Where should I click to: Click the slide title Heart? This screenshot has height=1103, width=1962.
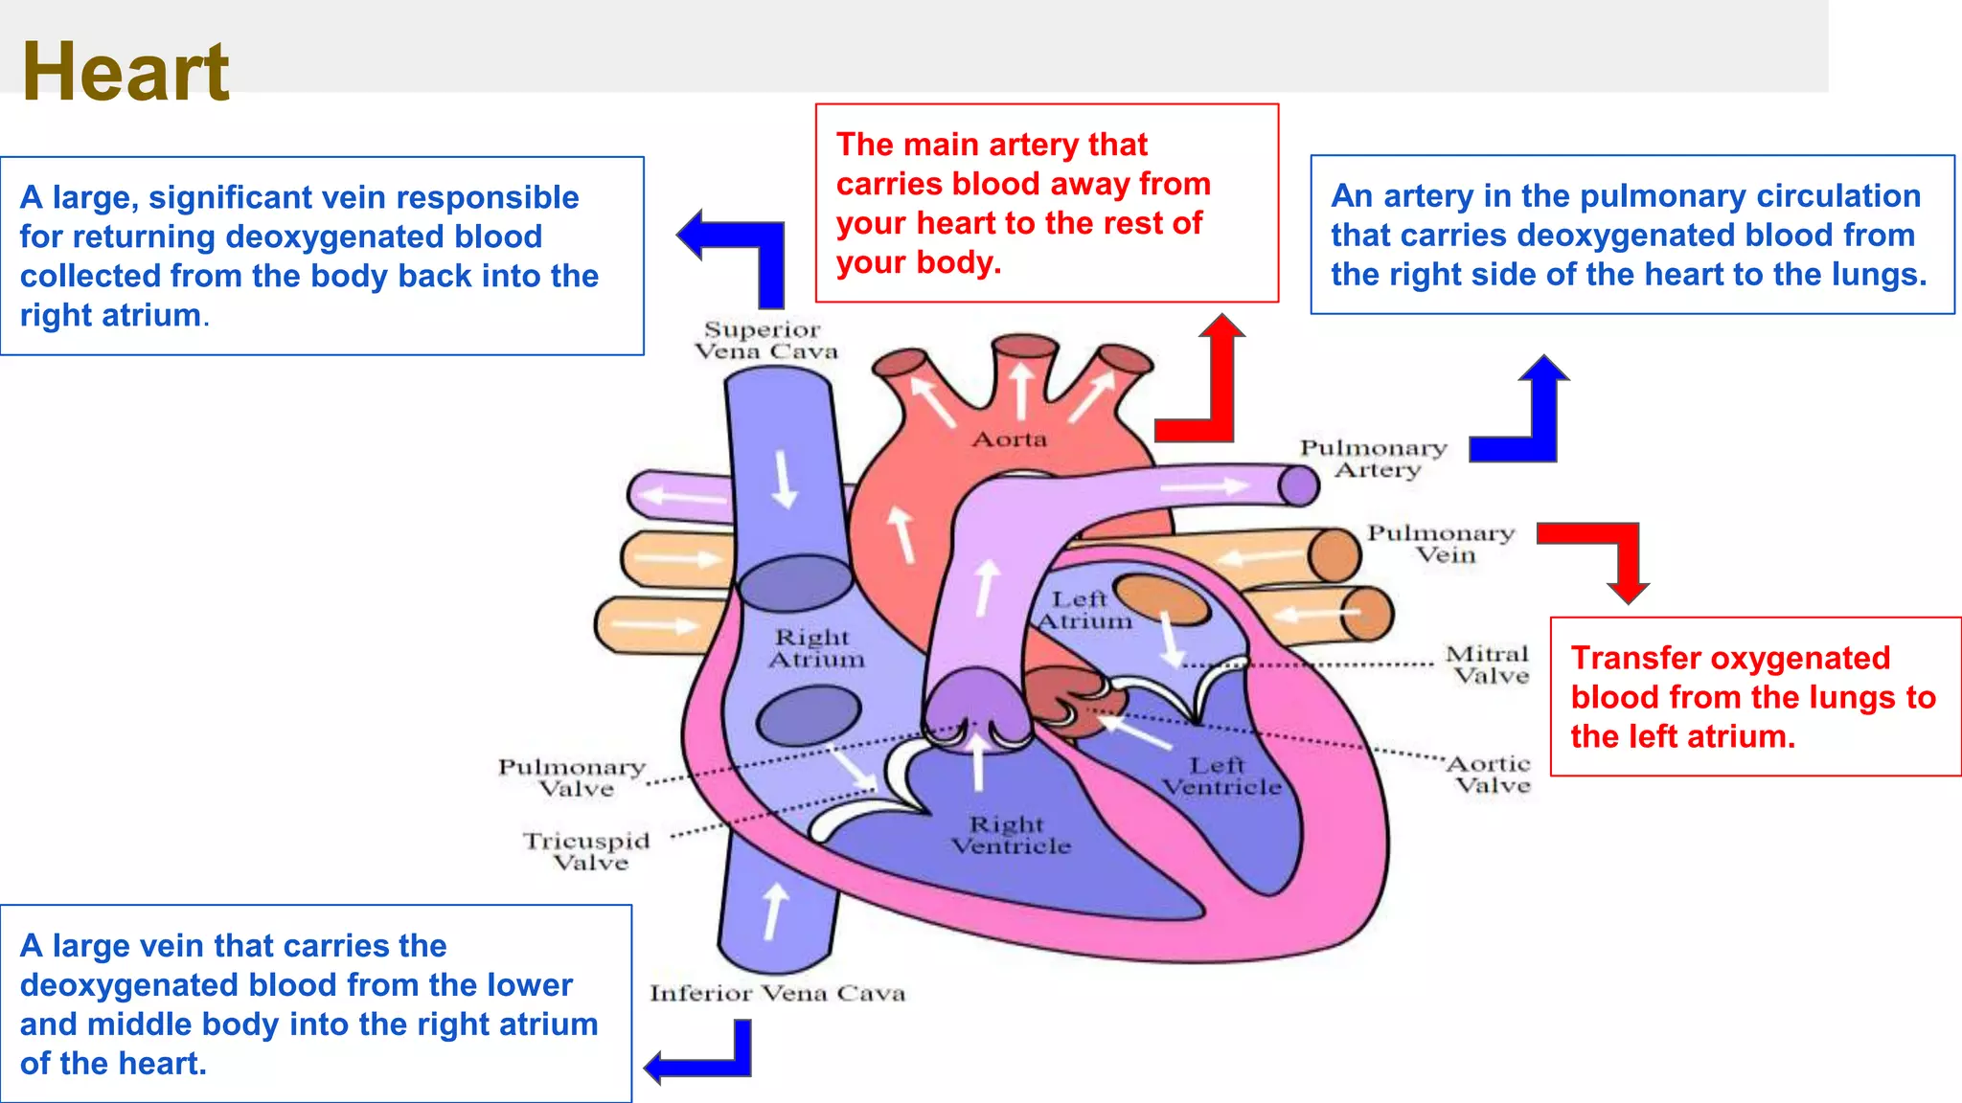point(125,72)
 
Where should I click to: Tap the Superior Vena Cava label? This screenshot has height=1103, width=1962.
point(765,341)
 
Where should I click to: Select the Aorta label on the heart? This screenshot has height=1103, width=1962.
point(1010,439)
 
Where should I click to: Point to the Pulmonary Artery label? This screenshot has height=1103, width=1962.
point(1374,459)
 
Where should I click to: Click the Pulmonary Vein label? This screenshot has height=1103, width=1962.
point(1441,544)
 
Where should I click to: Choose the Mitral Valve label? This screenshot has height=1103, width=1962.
point(1488,664)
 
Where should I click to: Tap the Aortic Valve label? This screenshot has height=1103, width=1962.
point(1490,775)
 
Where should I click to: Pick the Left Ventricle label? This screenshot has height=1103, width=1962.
point(1221,777)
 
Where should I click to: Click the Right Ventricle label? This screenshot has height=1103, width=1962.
point(1010,835)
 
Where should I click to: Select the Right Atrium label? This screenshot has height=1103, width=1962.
point(815,648)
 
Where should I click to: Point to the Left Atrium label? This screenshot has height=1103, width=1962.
point(1084,610)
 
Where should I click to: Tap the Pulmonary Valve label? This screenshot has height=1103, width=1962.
point(572,777)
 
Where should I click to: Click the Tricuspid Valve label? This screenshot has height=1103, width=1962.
point(587,851)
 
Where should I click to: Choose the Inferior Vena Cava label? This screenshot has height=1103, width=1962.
point(777,994)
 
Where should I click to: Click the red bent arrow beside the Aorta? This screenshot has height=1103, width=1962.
point(1209,383)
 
